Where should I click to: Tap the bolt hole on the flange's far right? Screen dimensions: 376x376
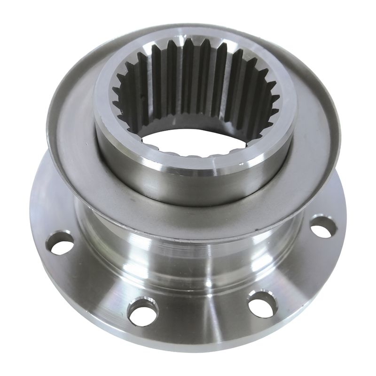[x=324, y=227]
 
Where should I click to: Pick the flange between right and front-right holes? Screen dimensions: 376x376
[x=301, y=273]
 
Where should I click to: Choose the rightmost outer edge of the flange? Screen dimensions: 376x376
[x=346, y=221]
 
